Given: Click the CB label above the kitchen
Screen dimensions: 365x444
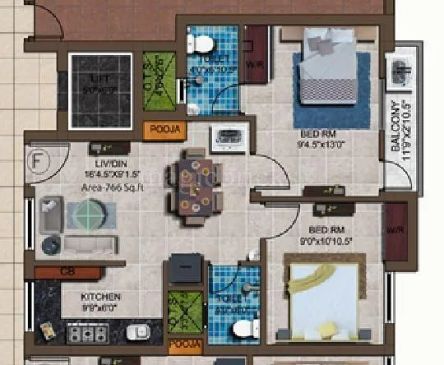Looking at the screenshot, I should (x=67, y=271).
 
